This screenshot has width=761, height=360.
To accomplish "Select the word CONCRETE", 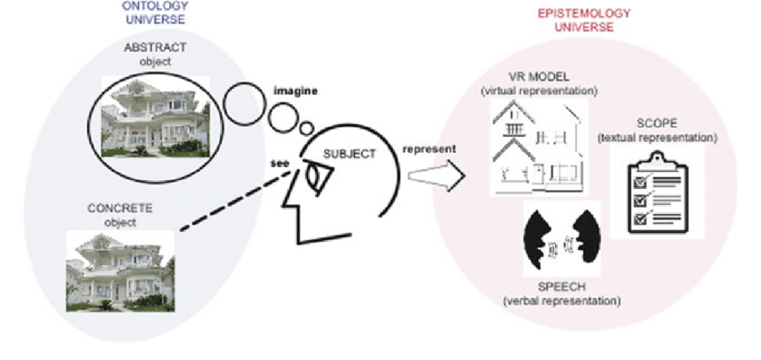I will (x=120, y=209).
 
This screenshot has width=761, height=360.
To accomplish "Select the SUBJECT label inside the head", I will (x=347, y=152).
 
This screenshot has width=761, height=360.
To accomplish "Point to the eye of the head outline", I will (x=314, y=175).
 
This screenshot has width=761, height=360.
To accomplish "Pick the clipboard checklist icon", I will (x=658, y=193).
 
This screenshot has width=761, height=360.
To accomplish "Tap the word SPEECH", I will (x=561, y=287).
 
